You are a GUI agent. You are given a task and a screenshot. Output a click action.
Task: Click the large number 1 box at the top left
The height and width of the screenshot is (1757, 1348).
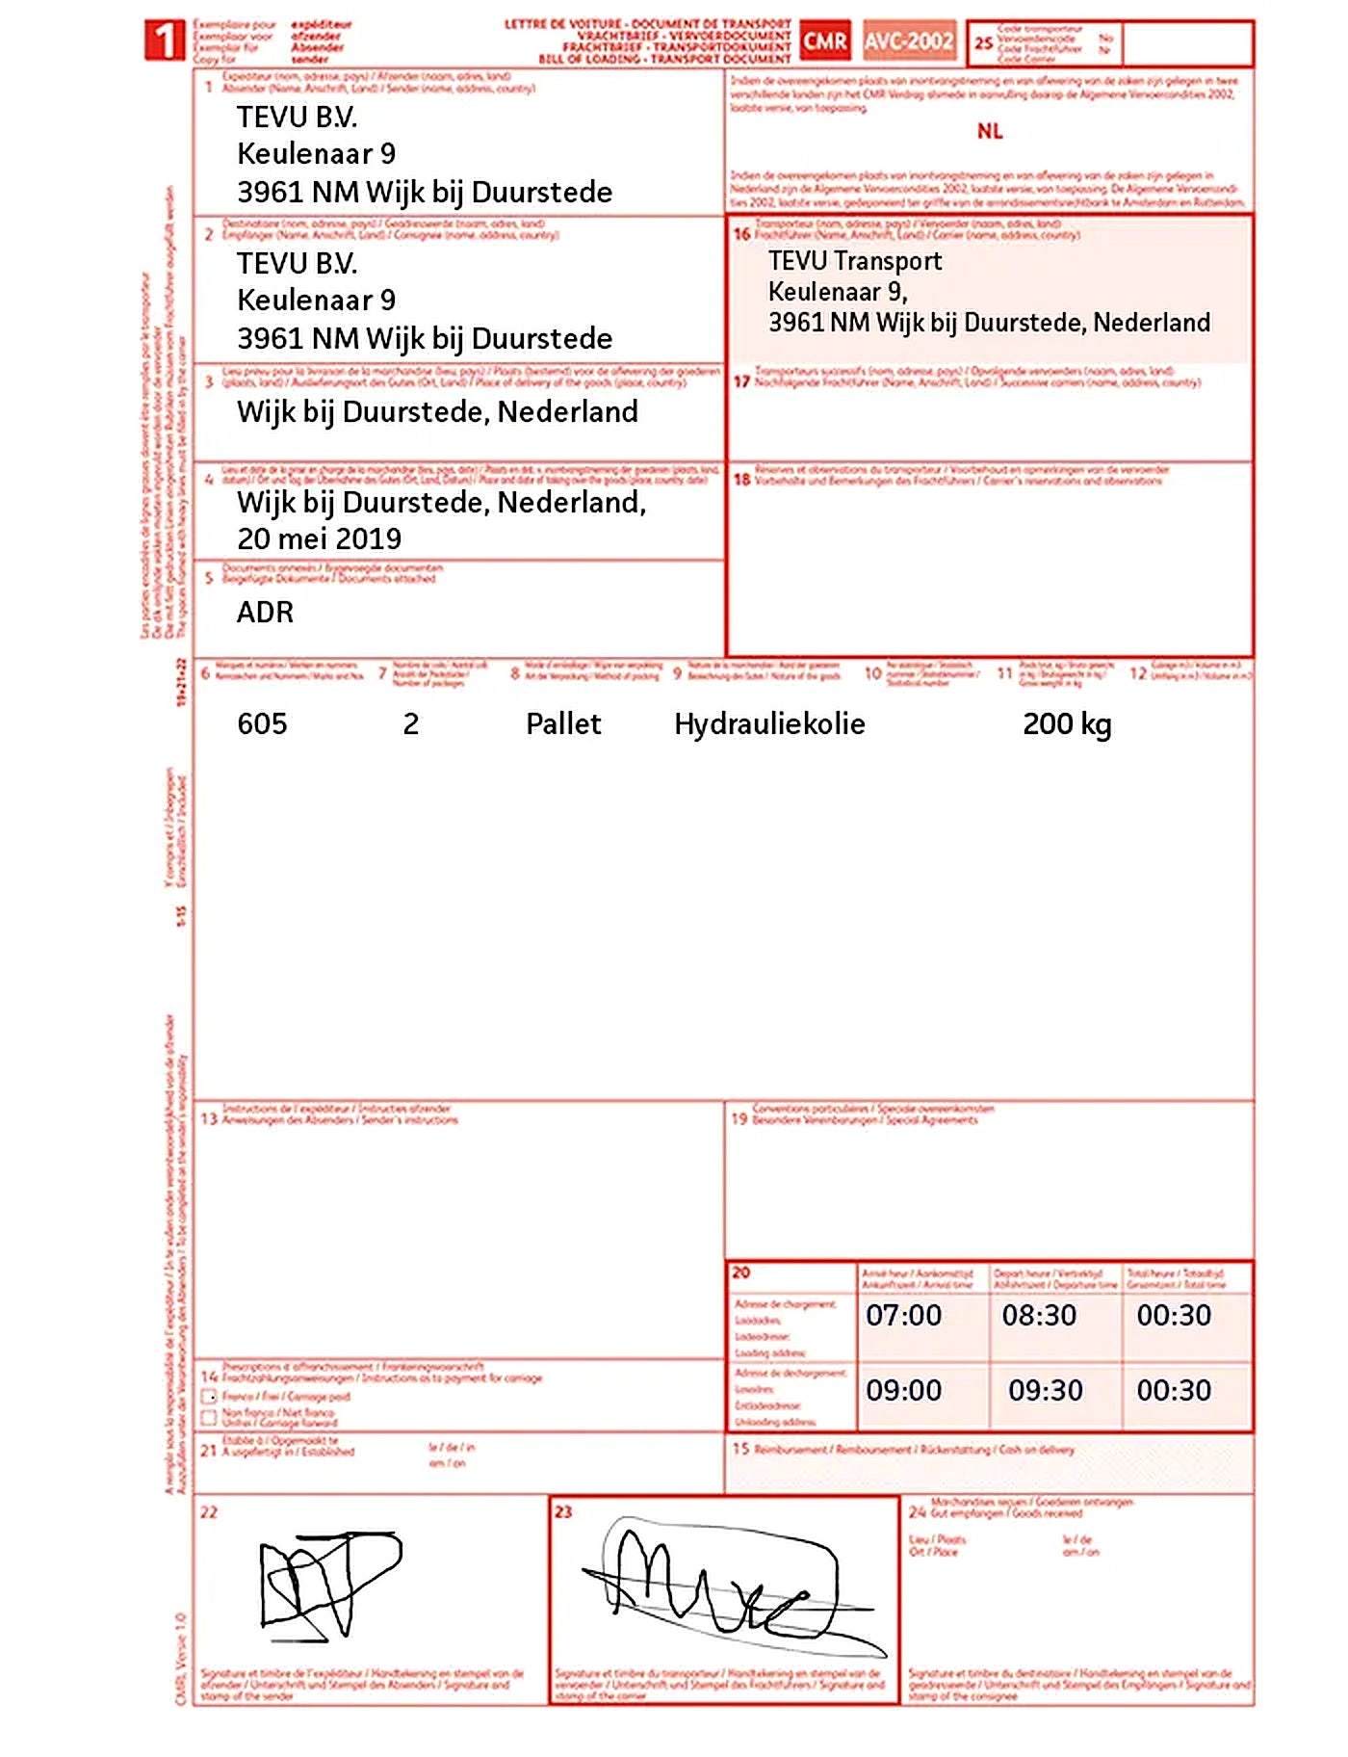[165, 41]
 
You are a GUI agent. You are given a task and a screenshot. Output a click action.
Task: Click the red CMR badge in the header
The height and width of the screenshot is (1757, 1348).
[825, 41]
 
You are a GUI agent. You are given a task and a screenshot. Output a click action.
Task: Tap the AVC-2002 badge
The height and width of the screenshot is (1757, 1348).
[908, 41]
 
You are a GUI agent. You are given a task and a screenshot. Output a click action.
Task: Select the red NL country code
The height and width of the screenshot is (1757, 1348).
[990, 131]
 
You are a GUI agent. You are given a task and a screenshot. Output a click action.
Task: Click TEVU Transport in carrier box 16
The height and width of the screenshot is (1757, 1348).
[855, 261]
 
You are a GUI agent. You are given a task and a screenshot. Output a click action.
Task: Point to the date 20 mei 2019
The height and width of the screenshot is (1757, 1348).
[319, 538]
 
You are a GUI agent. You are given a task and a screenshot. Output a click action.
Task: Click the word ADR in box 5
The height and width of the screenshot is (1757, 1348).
[265, 613]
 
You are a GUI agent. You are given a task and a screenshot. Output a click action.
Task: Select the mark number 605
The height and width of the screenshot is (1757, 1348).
[262, 724]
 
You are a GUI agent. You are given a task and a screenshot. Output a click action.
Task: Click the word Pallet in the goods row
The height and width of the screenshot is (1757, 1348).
[563, 724]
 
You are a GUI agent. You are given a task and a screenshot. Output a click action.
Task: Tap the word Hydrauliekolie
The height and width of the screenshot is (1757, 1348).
[769, 724]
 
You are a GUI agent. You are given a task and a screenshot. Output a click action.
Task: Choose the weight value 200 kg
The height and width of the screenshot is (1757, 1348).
[1067, 724]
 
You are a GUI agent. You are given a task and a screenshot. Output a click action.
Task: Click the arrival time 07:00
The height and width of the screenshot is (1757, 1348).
[903, 1315]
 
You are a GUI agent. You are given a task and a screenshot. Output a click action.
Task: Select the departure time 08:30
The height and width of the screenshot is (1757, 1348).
[1039, 1315]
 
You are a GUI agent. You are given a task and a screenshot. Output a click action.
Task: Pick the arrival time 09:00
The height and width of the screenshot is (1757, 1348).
[903, 1390]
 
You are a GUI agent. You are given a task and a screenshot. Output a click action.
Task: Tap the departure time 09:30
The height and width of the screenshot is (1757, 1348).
[1045, 1390]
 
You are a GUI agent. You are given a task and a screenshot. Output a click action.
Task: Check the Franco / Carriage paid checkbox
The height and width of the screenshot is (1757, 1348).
[209, 1396]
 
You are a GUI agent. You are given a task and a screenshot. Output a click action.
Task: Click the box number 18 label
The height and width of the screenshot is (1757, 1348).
[741, 479]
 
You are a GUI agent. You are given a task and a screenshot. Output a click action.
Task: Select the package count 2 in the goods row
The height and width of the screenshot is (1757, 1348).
[411, 724]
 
